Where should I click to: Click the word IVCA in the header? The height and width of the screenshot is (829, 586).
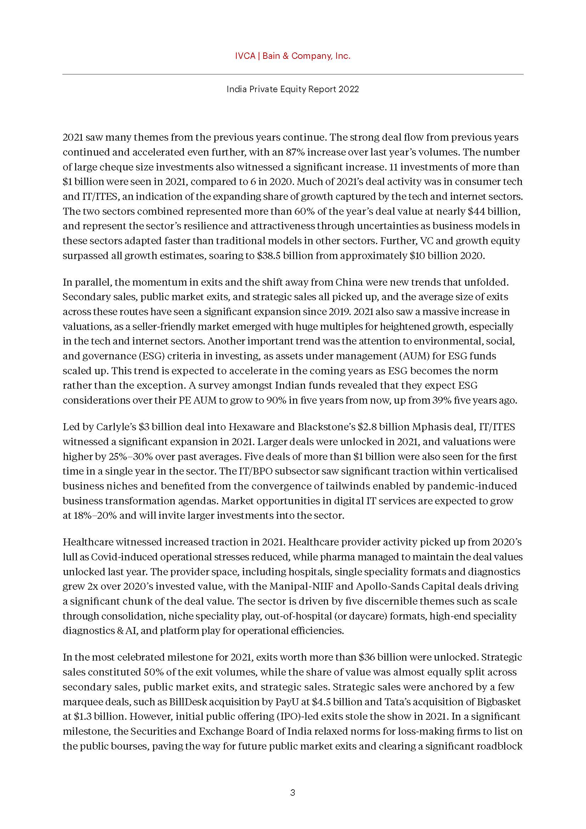coord(245,56)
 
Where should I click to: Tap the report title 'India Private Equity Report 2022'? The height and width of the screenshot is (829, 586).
coord(293,89)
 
